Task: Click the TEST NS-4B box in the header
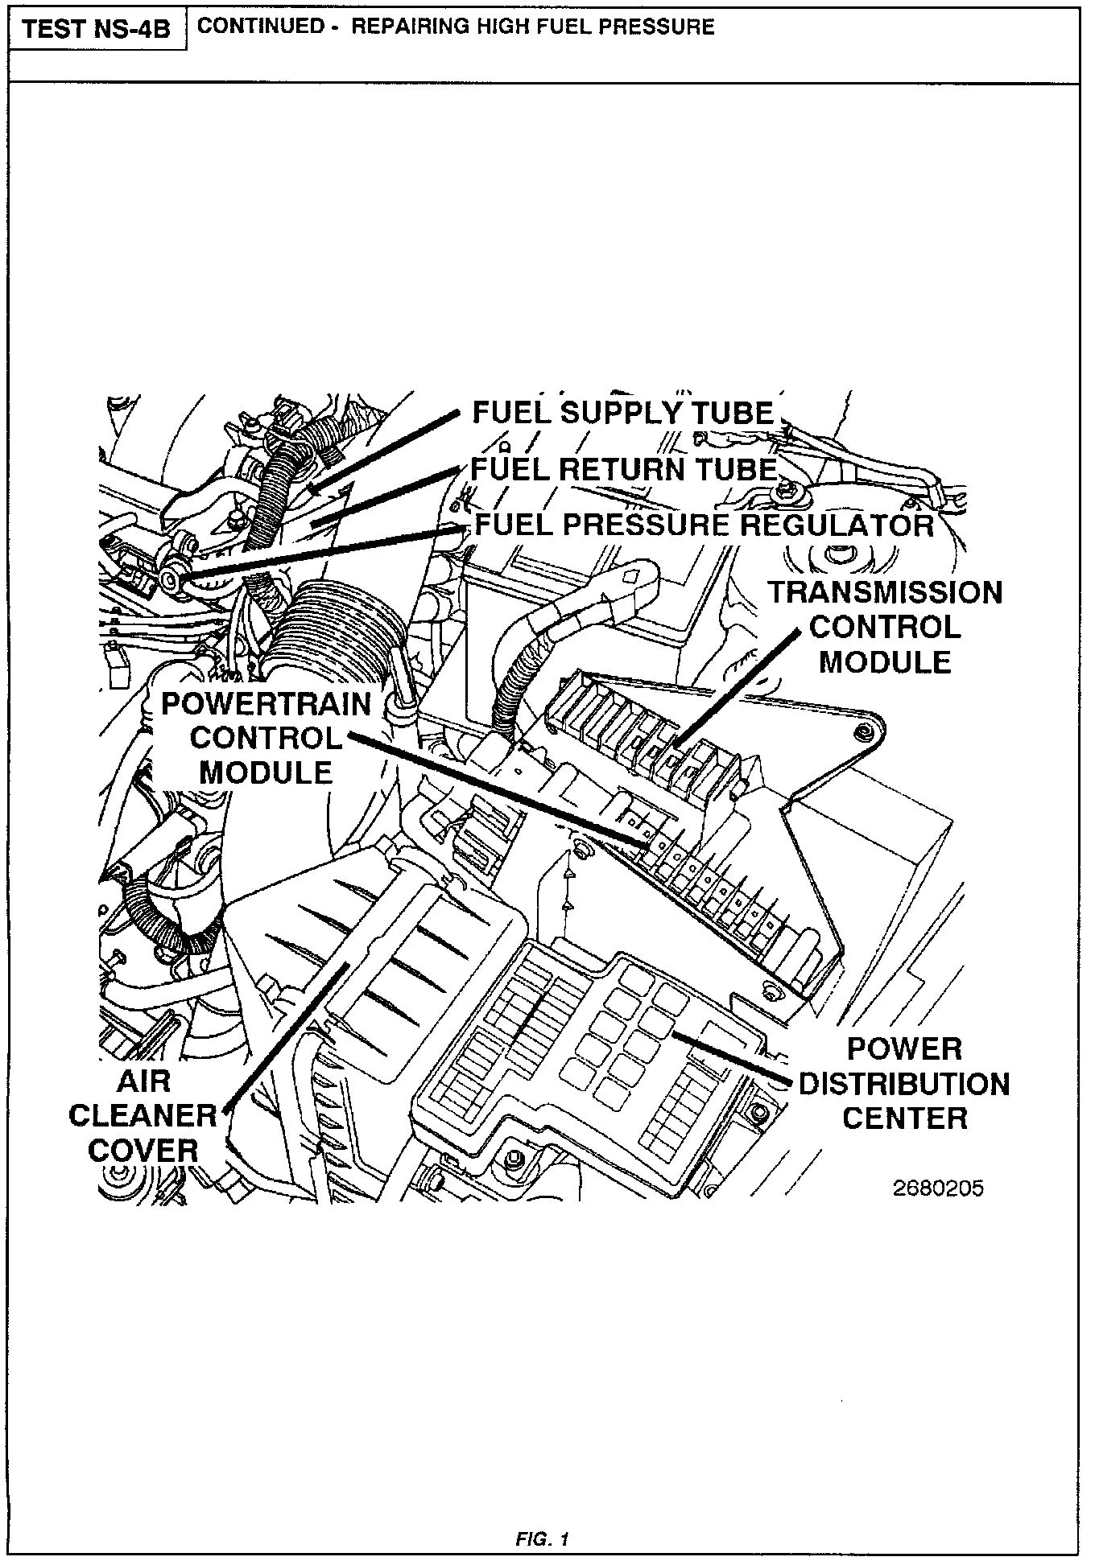97,30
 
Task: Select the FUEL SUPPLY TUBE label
622,413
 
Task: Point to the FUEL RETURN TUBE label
623,469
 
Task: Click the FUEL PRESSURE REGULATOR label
704,525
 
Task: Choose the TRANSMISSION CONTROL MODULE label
885,628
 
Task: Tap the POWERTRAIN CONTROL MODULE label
266,738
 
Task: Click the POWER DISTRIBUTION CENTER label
903,1084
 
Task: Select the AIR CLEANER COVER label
143,1115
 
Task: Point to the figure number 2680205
938,1189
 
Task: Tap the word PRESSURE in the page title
658,27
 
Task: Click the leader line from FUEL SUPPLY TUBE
386,451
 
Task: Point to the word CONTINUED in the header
258,27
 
